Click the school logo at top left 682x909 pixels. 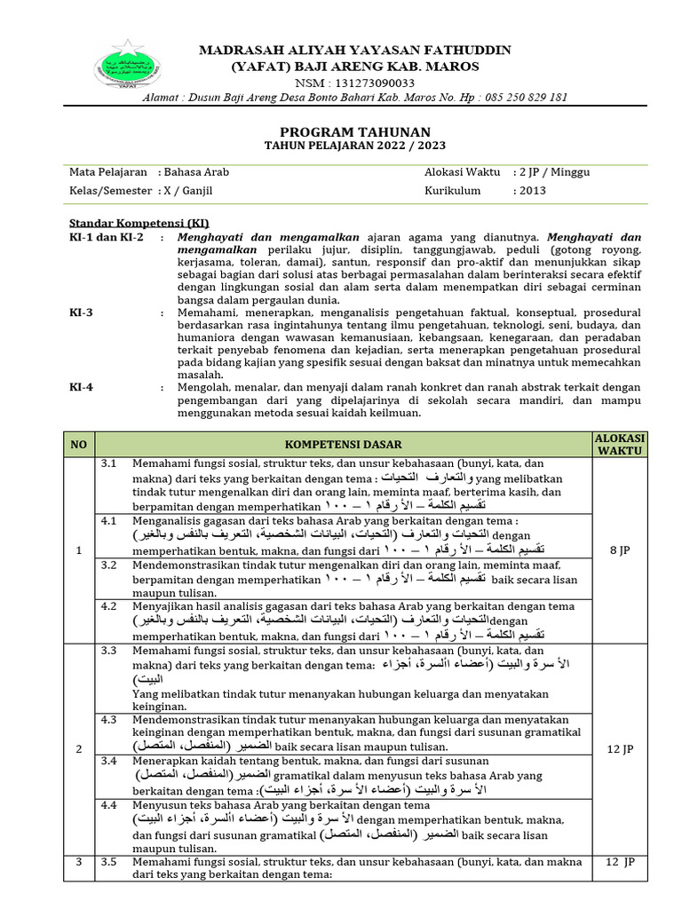(x=123, y=67)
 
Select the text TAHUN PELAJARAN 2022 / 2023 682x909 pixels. (x=355, y=145)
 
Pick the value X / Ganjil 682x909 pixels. (x=188, y=190)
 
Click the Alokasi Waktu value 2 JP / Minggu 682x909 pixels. (x=551, y=172)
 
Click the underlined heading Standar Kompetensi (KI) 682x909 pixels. (x=139, y=223)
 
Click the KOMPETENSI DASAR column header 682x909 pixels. (x=343, y=444)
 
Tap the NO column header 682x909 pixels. (x=79, y=444)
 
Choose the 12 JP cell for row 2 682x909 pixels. (x=620, y=750)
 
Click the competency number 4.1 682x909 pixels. (x=109, y=521)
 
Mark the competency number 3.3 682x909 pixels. (x=109, y=651)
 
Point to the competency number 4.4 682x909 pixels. (x=109, y=805)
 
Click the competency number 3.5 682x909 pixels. (x=109, y=861)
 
